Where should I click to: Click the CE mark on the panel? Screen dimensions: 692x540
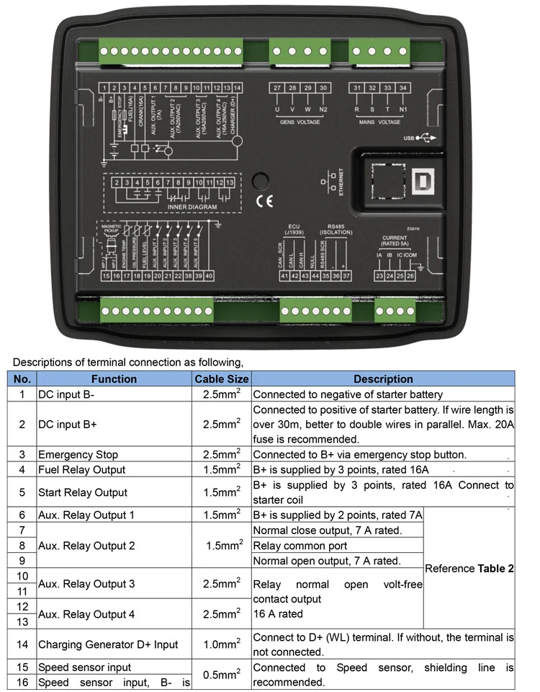tap(264, 201)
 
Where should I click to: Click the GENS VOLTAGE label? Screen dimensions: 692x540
tap(300, 123)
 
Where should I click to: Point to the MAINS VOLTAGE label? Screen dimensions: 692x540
tap(379, 123)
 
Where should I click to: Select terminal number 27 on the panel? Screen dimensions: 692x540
tap(277, 88)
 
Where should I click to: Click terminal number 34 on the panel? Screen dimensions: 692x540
tap(403, 88)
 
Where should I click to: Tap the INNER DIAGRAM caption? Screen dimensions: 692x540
tap(192, 207)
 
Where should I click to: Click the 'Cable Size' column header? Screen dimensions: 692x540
tap(221, 378)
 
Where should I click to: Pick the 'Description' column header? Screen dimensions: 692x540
tap(383, 378)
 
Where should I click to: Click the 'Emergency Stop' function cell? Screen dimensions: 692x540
tap(78, 455)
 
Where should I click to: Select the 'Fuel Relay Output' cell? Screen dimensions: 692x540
tap(81, 470)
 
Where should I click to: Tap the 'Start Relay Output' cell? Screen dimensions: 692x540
tap(82, 492)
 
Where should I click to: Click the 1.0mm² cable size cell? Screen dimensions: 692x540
tap(221, 644)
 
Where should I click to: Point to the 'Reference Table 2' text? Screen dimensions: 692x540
tap(469, 568)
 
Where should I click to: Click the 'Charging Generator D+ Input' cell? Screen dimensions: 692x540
tap(107, 644)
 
